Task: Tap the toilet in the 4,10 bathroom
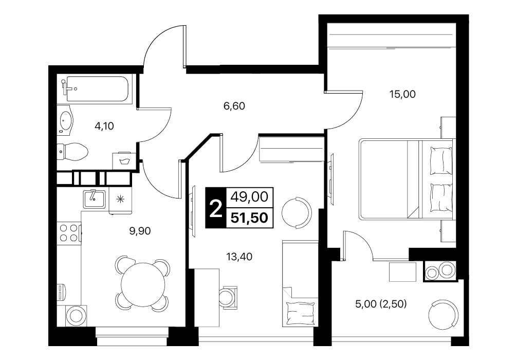[72, 152]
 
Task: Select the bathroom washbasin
[66, 120]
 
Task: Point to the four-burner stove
[69, 233]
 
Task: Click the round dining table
[143, 284]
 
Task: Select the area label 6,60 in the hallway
[234, 106]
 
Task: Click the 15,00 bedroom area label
[402, 95]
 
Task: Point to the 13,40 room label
[239, 257]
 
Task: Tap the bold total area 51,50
[250, 218]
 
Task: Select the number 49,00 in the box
[249, 197]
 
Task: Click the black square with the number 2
[216, 208]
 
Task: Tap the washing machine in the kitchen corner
[77, 316]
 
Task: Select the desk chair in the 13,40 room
[228, 296]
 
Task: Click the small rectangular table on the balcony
[402, 272]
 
